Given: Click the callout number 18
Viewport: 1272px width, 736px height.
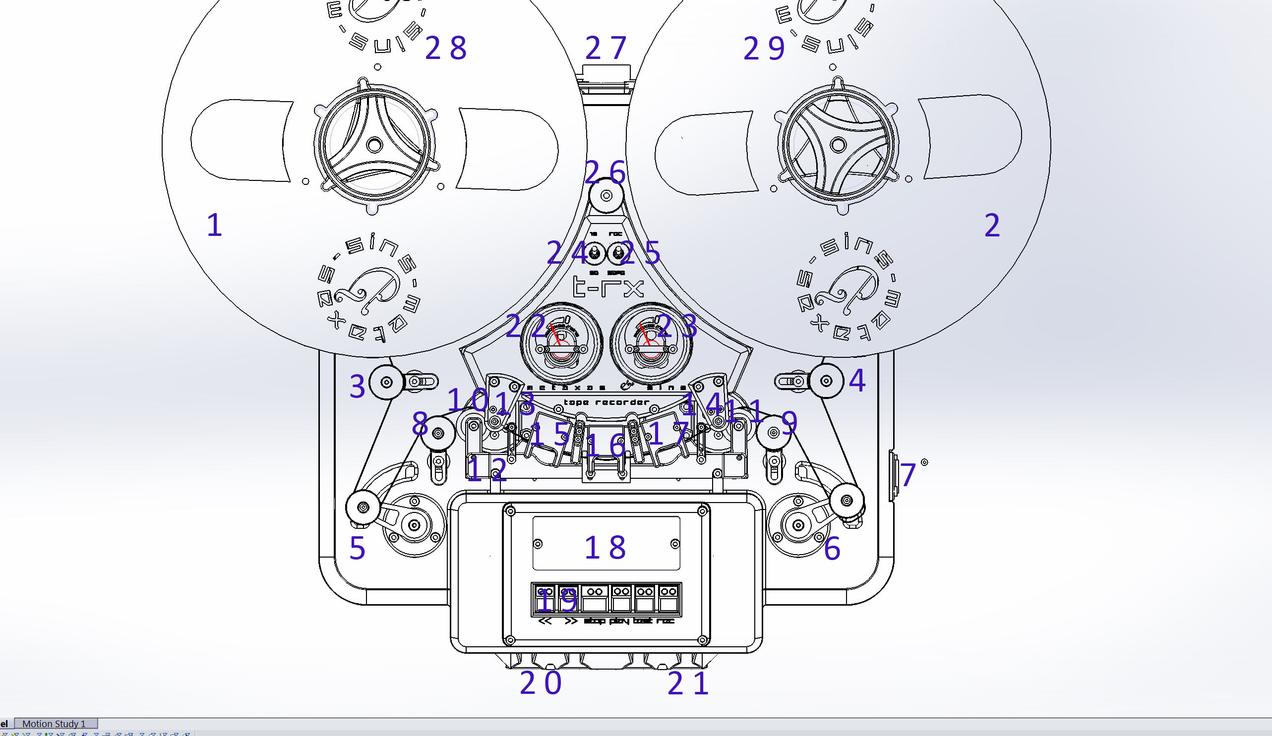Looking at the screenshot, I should click(x=605, y=547).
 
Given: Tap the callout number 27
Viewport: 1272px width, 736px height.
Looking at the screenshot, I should click(x=606, y=48).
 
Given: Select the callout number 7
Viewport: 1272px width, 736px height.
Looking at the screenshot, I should click(x=908, y=475).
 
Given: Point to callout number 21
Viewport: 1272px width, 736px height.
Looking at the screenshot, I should click(x=688, y=683).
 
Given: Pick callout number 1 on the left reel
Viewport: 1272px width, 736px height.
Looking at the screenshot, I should click(x=215, y=225).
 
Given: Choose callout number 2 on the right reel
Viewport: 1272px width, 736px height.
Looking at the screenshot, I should click(x=992, y=226).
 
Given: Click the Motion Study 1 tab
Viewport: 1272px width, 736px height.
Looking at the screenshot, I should click(x=54, y=724).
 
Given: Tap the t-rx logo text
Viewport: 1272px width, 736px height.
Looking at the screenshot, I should click(x=608, y=288).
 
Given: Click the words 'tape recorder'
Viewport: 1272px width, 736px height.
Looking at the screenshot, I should click(x=606, y=402).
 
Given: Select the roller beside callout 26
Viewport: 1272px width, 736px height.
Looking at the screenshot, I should click(x=606, y=195).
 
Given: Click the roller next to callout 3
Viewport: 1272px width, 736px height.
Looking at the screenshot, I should click(x=387, y=381).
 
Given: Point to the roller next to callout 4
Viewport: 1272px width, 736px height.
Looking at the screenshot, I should click(x=826, y=381).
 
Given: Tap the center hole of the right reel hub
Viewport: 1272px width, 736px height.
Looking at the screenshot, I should click(x=838, y=145).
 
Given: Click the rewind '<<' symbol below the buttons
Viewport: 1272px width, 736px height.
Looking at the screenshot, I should click(x=545, y=621).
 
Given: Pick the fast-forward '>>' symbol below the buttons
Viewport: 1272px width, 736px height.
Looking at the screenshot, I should click(x=571, y=621).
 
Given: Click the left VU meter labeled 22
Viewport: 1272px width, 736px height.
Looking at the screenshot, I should click(x=561, y=344).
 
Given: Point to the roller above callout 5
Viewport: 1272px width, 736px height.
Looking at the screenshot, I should click(x=363, y=507).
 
